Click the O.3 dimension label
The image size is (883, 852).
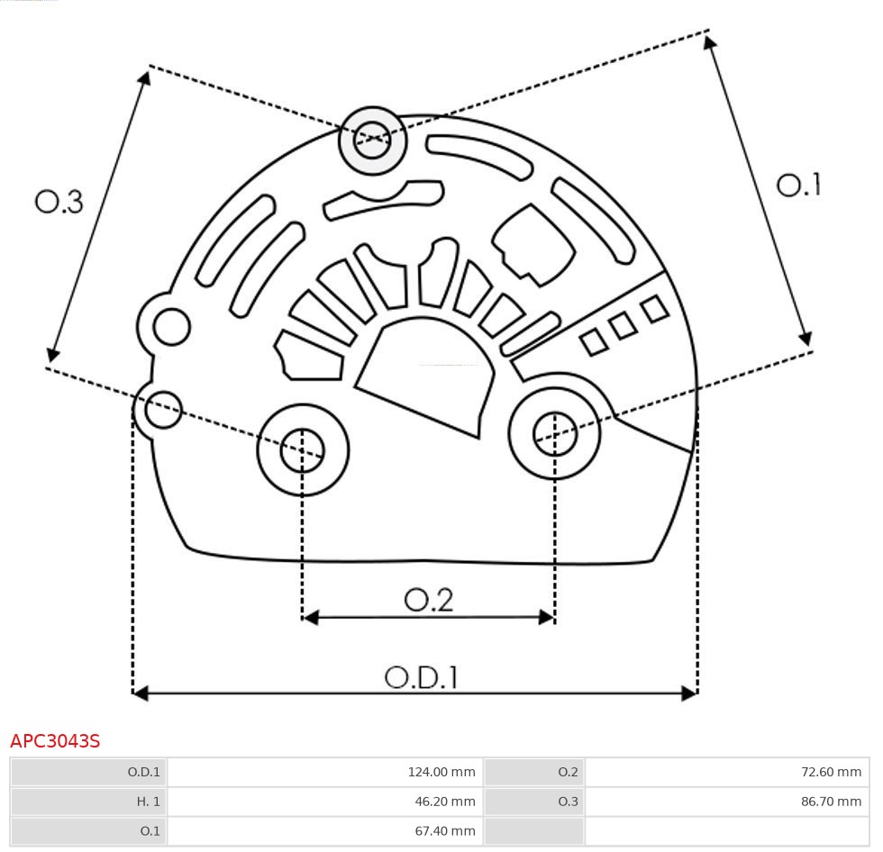[59, 202]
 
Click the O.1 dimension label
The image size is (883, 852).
[798, 186]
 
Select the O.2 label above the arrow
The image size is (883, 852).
[429, 600]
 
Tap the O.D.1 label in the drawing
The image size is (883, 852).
[422, 677]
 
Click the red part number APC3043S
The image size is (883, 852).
[55, 741]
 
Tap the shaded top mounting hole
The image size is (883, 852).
[372, 140]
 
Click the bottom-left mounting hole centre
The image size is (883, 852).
[303, 449]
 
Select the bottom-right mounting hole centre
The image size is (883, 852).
[555, 434]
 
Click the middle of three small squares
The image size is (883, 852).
[623, 326]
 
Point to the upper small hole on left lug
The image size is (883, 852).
[171, 327]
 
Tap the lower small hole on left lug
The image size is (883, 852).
[163, 411]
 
